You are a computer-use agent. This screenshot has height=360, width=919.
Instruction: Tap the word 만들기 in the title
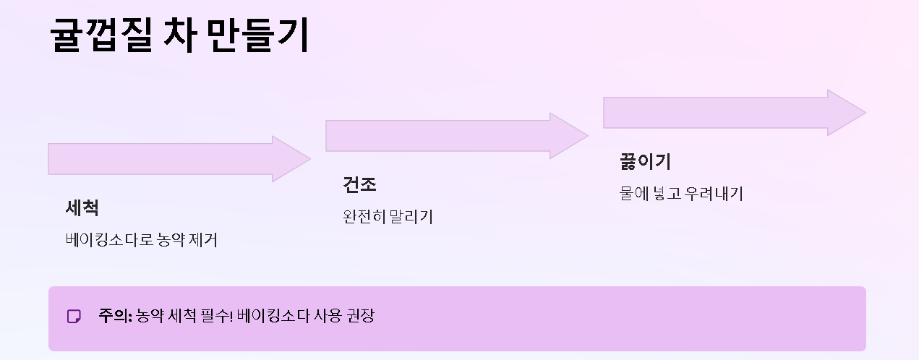click(x=257, y=35)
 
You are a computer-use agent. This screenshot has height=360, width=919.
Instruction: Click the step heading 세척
click(x=82, y=208)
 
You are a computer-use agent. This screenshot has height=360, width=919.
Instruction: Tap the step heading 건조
click(x=359, y=185)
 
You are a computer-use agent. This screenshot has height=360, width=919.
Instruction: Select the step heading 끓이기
click(x=645, y=161)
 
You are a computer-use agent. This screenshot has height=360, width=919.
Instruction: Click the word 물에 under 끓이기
click(x=633, y=194)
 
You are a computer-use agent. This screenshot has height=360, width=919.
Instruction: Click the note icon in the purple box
click(x=74, y=317)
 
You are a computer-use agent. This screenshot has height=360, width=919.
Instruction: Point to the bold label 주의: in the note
click(x=115, y=316)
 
